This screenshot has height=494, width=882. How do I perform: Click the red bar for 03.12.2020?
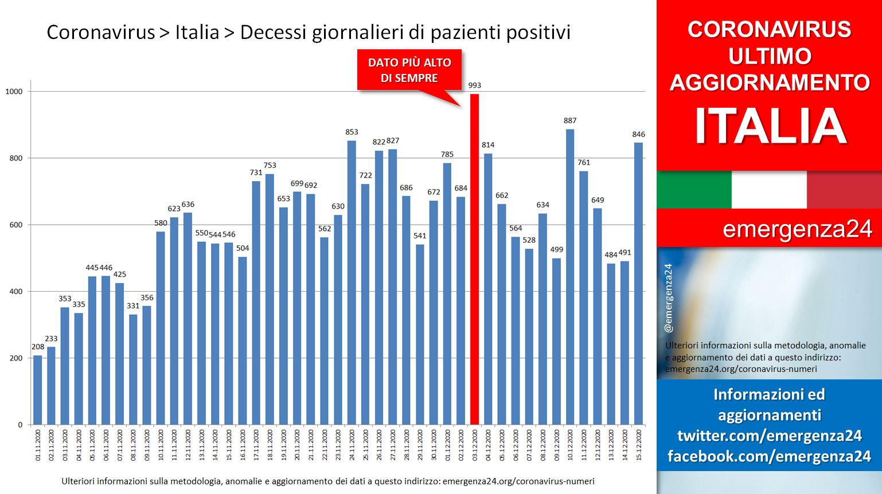coord(474,260)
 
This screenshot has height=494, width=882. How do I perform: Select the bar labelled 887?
coord(570,277)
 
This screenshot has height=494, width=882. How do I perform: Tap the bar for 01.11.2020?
coord(38,390)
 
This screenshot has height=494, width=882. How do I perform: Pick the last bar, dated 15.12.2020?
coord(638,284)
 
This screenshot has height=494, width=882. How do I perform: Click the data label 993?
coord(474,85)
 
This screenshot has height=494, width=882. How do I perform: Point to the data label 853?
coord(352,132)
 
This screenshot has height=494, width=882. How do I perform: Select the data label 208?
coord(38,347)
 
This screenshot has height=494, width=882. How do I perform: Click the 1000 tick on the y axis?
coord(14,92)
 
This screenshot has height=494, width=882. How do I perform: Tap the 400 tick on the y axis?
coord(15,292)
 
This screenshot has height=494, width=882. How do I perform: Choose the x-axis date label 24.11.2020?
coord(352,445)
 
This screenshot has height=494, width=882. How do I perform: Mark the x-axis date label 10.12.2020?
coord(570,445)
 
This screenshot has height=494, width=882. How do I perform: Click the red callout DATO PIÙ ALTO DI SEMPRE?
coord(409,70)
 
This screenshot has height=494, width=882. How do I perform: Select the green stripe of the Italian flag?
coord(694,190)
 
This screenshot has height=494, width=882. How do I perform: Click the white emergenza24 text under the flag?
coord(797,229)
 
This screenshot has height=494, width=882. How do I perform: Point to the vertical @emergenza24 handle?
coord(669,298)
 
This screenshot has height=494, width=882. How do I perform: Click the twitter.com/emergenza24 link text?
coord(770,436)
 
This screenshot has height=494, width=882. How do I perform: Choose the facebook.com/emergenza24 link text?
coord(770,456)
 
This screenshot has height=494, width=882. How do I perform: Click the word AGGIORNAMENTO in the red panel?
coord(770,83)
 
